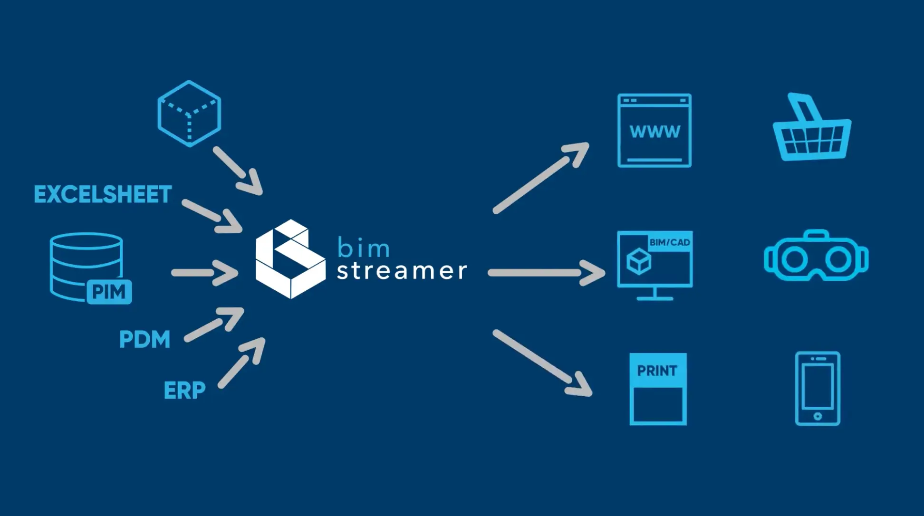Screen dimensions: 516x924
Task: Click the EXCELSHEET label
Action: click(x=103, y=195)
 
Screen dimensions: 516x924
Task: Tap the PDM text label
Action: click(x=144, y=339)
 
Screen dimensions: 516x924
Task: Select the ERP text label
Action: click(x=184, y=391)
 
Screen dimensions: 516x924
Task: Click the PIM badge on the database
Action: click(x=109, y=292)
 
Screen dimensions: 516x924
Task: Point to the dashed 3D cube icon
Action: click(x=189, y=113)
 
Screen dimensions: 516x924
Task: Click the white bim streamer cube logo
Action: click(x=290, y=259)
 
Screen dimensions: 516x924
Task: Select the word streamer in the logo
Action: click(x=402, y=271)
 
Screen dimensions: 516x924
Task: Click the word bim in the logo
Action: click(x=364, y=248)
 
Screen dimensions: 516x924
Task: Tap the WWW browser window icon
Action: click(x=654, y=131)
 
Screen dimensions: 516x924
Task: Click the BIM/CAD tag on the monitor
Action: click(x=670, y=242)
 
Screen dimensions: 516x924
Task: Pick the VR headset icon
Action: click(x=816, y=257)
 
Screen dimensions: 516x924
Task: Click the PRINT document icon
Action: click(x=658, y=389)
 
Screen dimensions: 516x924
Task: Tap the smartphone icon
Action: click(x=818, y=389)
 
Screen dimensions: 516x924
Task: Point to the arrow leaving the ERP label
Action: click(x=241, y=363)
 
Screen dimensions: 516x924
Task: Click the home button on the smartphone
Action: click(x=818, y=416)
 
